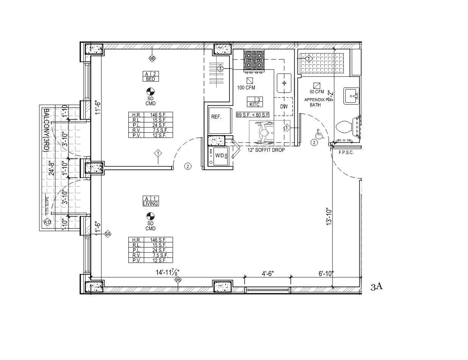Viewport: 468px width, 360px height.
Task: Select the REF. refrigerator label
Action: (x=216, y=117)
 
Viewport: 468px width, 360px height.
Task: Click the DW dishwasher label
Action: (x=284, y=107)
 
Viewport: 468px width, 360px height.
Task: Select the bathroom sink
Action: (x=351, y=95)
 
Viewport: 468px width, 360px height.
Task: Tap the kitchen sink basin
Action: (x=284, y=83)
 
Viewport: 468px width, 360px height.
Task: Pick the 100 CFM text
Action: (x=246, y=88)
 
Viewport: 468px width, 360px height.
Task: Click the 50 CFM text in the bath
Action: (x=317, y=92)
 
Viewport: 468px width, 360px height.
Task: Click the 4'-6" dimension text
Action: (x=268, y=273)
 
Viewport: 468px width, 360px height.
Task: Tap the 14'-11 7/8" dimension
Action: (x=167, y=272)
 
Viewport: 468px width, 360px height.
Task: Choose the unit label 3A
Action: (x=376, y=287)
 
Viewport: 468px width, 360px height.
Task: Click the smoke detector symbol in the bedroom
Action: (x=150, y=91)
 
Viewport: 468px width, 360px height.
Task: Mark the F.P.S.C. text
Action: (x=346, y=153)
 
